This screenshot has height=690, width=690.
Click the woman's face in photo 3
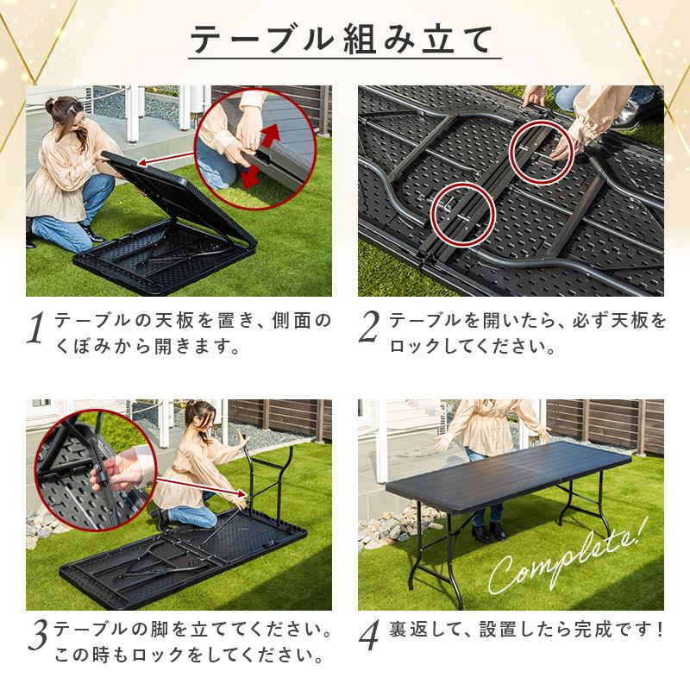point(198,420)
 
